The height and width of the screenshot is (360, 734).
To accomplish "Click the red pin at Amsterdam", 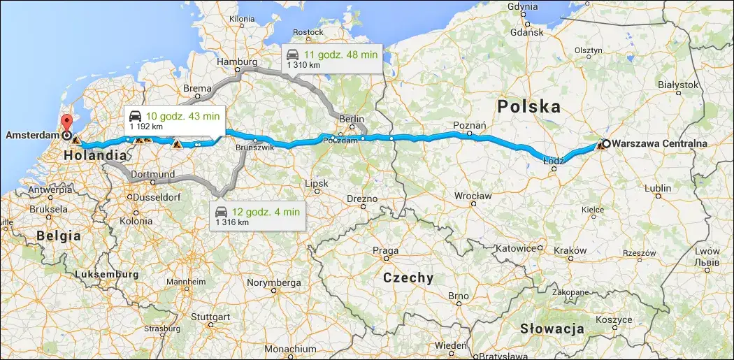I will [x=67, y=122].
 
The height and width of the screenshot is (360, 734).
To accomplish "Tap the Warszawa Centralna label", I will [x=660, y=144].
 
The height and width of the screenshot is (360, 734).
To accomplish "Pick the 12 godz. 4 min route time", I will [x=268, y=211].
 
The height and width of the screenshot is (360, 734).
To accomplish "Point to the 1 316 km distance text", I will [x=232, y=222].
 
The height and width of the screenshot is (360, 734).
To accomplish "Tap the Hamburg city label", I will [x=237, y=62].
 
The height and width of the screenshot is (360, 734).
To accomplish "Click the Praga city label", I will [x=386, y=251].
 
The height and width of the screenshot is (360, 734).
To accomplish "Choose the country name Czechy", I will [x=408, y=278].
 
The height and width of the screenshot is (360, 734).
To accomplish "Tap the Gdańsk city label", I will [x=527, y=32].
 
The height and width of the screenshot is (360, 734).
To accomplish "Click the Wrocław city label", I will [x=473, y=195].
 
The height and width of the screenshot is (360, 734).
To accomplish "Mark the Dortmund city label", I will [x=152, y=173].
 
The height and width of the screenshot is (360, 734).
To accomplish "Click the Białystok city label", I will [x=678, y=85].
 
